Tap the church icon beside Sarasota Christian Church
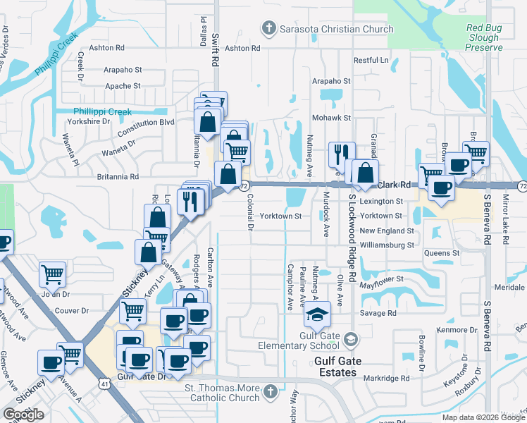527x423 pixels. (268, 29)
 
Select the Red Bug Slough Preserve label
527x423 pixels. (484, 38)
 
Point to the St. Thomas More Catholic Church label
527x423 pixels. (222, 393)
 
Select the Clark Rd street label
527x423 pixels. (394, 185)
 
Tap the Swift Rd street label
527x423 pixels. (212, 52)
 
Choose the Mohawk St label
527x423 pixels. (334, 117)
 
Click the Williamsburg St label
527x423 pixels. (386, 245)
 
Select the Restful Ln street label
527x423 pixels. (371, 60)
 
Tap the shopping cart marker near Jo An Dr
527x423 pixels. (53, 274)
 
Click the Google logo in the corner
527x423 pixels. (24, 415)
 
